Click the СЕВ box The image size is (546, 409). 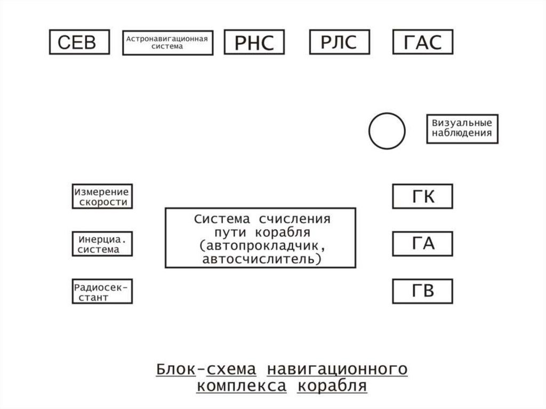(x=79, y=42)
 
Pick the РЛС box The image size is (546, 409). (x=339, y=42)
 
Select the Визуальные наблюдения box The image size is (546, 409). (x=462, y=129)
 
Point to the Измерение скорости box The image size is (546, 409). (x=102, y=197)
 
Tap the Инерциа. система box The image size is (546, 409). (x=102, y=244)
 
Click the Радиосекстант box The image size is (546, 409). (x=102, y=291)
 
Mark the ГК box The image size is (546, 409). (x=422, y=197)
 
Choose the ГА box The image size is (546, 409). (x=422, y=244)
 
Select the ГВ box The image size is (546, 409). (x=422, y=291)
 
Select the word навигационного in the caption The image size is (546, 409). (x=337, y=368)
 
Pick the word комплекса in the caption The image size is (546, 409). (x=241, y=386)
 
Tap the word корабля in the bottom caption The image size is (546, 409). (x=332, y=386)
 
